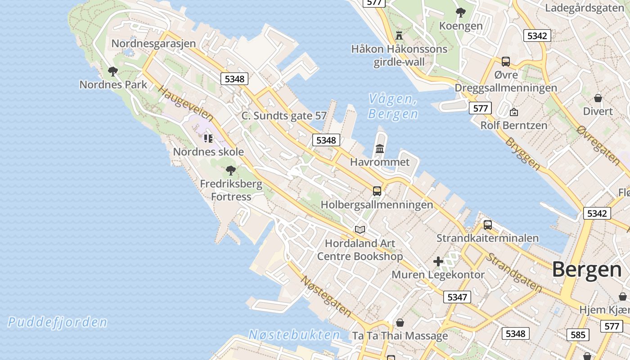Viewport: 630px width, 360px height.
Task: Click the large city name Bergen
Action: coord(587,270)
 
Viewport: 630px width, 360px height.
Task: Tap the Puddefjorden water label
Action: coord(58,322)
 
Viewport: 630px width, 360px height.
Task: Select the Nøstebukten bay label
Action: coord(294,335)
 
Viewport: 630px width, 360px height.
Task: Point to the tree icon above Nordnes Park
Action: coord(113,71)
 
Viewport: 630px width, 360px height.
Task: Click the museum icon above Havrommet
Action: coord(380,148)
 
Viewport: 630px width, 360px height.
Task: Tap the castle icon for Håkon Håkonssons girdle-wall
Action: coord(399,35)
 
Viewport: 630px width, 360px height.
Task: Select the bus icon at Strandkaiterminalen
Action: coord(487,225)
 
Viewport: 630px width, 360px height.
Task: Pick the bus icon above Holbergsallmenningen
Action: coord(377,191)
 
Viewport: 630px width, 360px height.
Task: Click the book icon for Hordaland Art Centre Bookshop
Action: coord(360,230)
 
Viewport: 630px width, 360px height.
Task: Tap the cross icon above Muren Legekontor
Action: coord(438,261)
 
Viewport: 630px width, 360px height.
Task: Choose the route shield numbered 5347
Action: coord(457,297)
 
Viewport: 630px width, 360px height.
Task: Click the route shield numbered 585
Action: coord(578,334)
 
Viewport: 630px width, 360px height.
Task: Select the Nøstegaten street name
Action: coord(326,295)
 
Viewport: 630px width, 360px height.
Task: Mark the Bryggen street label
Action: coord(522,153)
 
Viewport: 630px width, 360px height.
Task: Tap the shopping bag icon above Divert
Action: coord(598,98)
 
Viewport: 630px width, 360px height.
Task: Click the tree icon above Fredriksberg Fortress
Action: coord(231,170)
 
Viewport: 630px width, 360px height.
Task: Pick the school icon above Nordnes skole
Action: coord(208,138)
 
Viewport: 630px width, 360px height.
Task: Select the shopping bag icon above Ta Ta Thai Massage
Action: coord(400,323)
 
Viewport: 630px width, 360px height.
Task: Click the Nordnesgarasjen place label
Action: coord(153,44)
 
